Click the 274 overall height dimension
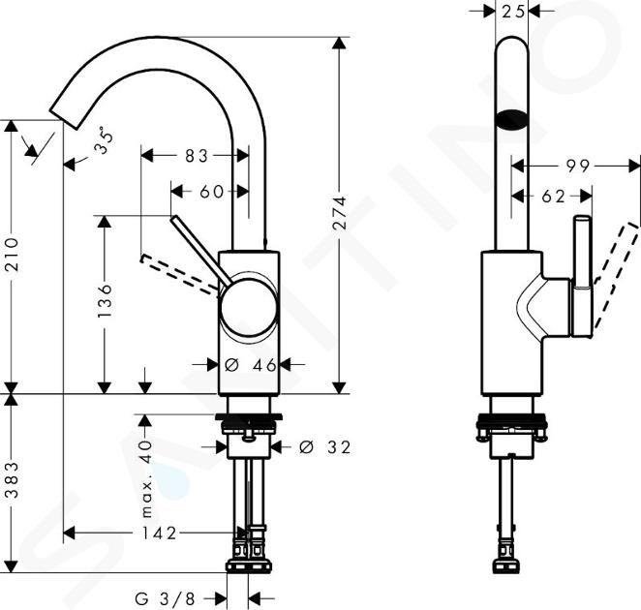point(340,213)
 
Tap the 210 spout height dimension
point(13,254)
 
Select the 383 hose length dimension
point(13,479)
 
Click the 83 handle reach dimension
point(197,156)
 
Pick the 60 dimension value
point(211,192)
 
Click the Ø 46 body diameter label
point(250,365)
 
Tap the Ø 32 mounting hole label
point(324,447)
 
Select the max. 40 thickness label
point(146,478)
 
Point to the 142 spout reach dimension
point(159,534)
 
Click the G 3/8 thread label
point(166,599)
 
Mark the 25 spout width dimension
point(512,12)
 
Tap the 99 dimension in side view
point(578,166)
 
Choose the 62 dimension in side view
point(553,197)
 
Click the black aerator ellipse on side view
point(512,120)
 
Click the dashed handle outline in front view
point(180,271)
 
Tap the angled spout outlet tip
point(65,119)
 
